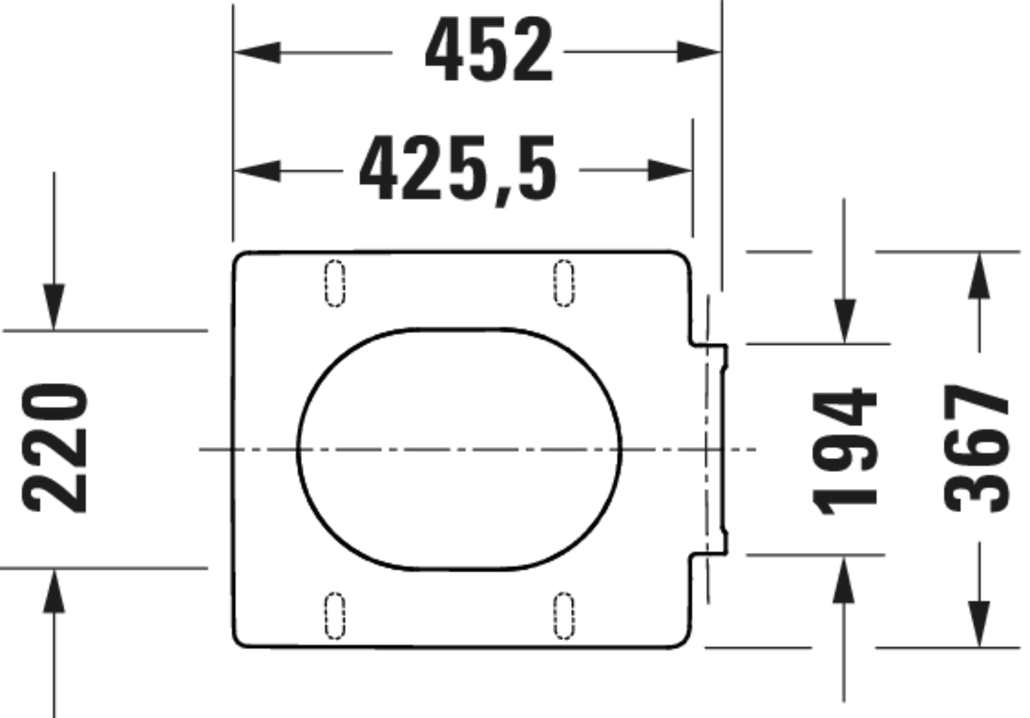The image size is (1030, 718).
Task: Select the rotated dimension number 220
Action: point(55,449)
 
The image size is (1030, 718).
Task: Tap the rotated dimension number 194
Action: point(844,452)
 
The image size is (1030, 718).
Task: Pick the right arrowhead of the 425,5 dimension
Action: point(668,170)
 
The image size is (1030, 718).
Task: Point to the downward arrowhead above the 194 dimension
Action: point(845,321)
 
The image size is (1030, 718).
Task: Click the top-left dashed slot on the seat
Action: point(335,283)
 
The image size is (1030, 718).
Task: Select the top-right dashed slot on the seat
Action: point(564,283)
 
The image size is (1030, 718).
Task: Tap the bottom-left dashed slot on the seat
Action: point(335,616)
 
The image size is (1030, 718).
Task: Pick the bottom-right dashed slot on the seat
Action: point(564,616)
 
